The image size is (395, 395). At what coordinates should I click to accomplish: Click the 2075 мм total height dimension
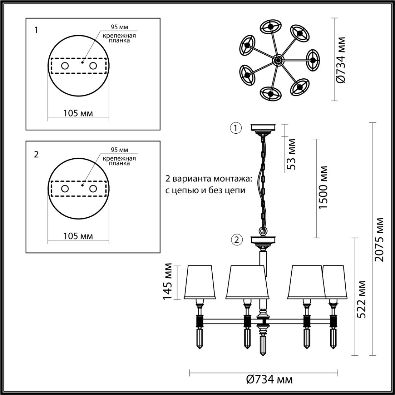pos(380,239)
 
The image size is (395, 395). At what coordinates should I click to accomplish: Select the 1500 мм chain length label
pos(324,187)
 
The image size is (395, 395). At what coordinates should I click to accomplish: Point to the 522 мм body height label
pos(362,300)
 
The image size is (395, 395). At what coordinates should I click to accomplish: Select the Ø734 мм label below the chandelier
pos(269,380)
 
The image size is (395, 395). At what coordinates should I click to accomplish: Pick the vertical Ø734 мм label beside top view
pos(341,60)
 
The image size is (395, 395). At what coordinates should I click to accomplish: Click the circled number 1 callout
pos(236,128)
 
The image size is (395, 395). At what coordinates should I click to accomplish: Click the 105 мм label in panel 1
pos(78,113)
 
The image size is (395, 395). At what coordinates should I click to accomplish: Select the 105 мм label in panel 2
pos(78,236)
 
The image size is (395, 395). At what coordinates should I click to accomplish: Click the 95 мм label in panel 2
pos(119,150)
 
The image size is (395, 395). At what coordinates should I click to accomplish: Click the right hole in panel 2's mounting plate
pos(93,189)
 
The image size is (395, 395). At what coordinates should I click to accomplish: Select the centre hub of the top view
pos(278,60)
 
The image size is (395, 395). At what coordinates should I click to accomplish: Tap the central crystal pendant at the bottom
pos(263,344)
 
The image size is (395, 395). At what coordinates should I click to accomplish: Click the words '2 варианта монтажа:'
pos(209,179)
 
